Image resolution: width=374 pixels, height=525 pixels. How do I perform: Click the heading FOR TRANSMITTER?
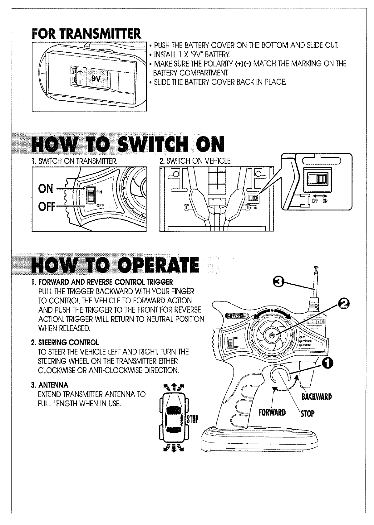pos(86,34)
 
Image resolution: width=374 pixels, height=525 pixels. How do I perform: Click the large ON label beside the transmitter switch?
pos(46,188)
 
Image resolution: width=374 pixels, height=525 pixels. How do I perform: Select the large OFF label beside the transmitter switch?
pos(46,206)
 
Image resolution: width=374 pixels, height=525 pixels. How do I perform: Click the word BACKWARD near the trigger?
pos(316,397)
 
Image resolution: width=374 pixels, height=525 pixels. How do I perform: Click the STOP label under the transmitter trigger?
pos(307,414)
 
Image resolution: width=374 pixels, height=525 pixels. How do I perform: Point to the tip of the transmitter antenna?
pos(316,267)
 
